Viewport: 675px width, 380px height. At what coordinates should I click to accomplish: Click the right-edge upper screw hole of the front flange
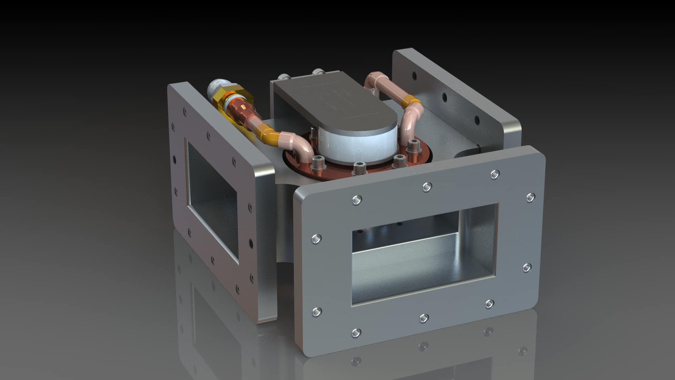point(530,198)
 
